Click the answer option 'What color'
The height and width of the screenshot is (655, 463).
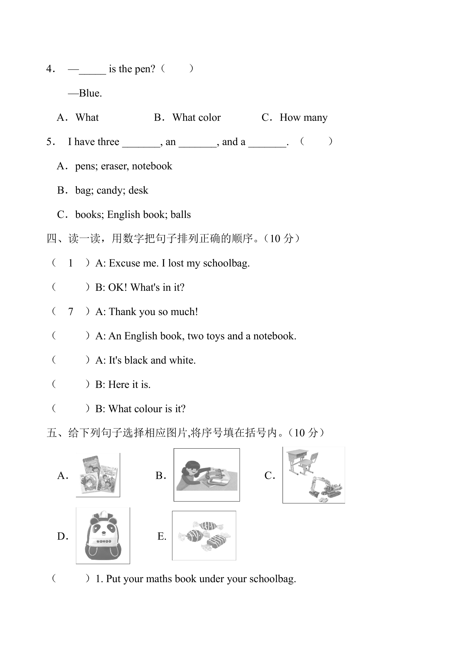pyautogui.click(x=196, y=117)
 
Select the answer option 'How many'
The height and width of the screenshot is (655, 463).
pyautogui.click(x=303, y=118)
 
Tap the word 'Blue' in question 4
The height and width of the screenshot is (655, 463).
pyautogui.click(x=90, y=93)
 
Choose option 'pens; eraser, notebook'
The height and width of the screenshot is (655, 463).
pyautogui.click(x=124, y=166)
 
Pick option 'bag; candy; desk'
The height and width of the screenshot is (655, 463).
pyautogui.click(x=112, y=190)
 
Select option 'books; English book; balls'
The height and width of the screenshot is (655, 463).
pyautogui.click(x=133, y=214)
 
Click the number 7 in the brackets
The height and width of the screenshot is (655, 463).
pyautogui.click(x=71, y=312)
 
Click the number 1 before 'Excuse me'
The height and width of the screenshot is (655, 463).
pyautogui.click(x=71, y=263)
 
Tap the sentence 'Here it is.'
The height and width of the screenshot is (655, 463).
pyautogui.click(x=129, y=384)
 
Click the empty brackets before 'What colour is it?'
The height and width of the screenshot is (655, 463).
pyautogui.click(x=71, y=409)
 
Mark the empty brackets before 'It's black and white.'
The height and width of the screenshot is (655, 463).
pyautogui.click(x=71, y=360)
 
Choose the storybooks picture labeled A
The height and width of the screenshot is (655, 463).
pyautogui.click(x=98, y=475)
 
